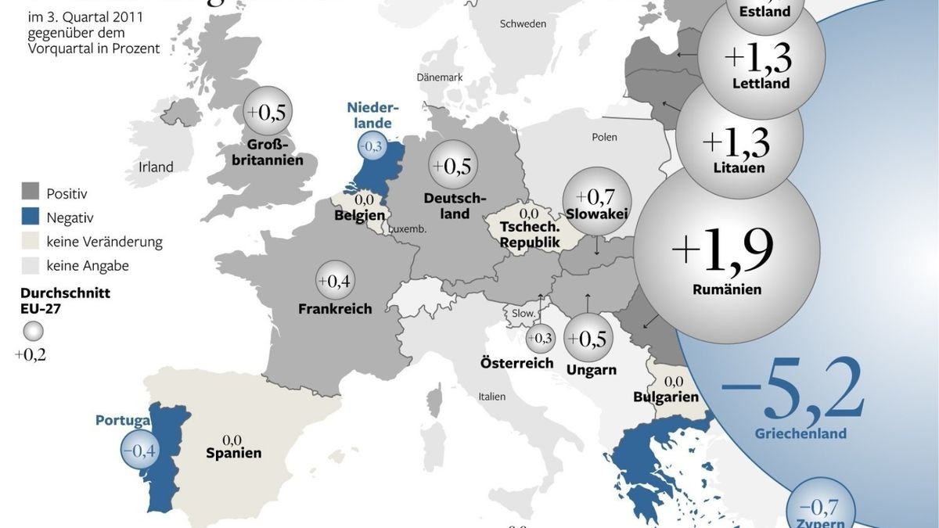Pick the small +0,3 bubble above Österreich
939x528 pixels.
540,338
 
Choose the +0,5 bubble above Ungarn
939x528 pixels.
588,338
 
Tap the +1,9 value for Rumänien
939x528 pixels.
724,248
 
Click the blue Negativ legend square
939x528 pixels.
31,217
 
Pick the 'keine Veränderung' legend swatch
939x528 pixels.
31,242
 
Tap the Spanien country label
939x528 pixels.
233,452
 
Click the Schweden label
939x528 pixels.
523,23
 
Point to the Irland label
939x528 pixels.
156,167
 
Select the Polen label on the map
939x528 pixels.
604,137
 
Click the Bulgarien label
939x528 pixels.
666,397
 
